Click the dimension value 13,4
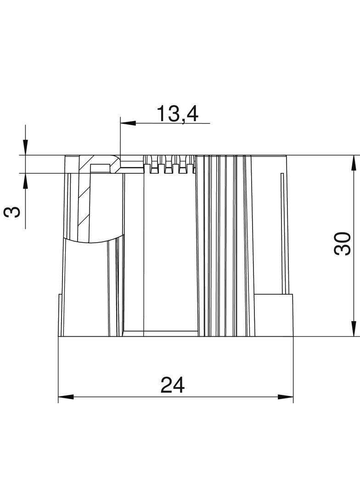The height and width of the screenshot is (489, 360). coord(177,114)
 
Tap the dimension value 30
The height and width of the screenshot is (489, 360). coord(342,244)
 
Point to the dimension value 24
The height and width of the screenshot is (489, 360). coord(173,385)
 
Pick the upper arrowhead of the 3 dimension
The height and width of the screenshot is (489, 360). coord(25,148)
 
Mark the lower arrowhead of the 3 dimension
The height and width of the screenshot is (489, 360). coord(25,181)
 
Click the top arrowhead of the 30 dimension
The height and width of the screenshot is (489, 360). coord(353,163)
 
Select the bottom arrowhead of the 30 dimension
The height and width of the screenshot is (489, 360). coord(353,329)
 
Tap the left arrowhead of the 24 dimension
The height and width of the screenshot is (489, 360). coord(66,397)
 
